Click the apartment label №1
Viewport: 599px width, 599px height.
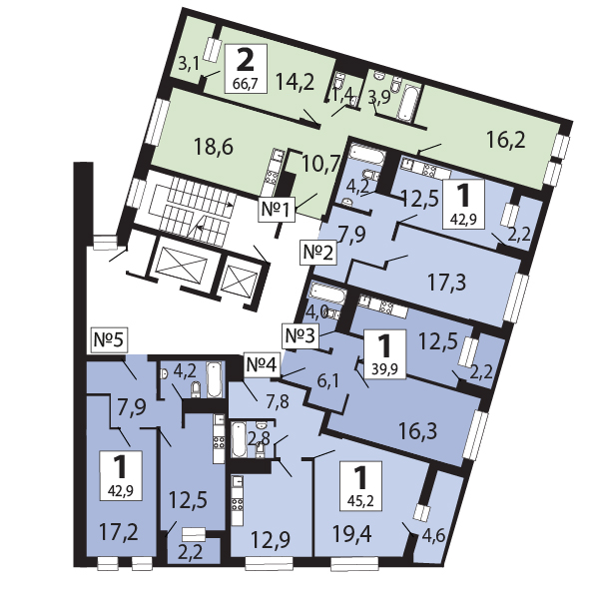pyautogui.click(x=278, y=210)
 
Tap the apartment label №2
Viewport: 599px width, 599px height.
pyautogui.click(x=318, y=253)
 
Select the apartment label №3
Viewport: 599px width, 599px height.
pyautogui.click(x=301, y=336)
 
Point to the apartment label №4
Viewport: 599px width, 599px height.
pyautogui.click(x=262, y=364)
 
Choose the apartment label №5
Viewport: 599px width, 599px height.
pyautogui.click(x=109, y=340)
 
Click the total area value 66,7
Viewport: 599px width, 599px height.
pyautogui.click(x=245, y=84)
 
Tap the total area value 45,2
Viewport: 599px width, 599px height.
pyautogui.click(x=361, y=501)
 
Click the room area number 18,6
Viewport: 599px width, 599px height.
pyautogui.click(x=214, y=147)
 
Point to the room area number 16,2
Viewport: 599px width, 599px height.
pyautogui.click(x=506, y=140)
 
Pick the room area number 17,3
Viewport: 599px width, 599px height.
pyautogui.click(x=446, y=284)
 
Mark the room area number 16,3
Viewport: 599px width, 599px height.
pyautogui.click(x=418, y=431)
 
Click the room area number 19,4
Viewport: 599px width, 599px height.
pyautogui.click(x=351, y=533)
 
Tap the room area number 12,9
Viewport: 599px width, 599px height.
pyautogui.click(x=271, y=539)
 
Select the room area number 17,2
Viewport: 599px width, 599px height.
pyautogui.click(x=119, y=532)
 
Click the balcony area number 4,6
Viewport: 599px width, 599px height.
pyautogui.click(x=433, y=536)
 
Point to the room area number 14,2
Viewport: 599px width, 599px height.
pyautogui.click(x=295, y=82)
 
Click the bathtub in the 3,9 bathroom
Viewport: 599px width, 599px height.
pyautogui.click(x=407, y=101)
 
